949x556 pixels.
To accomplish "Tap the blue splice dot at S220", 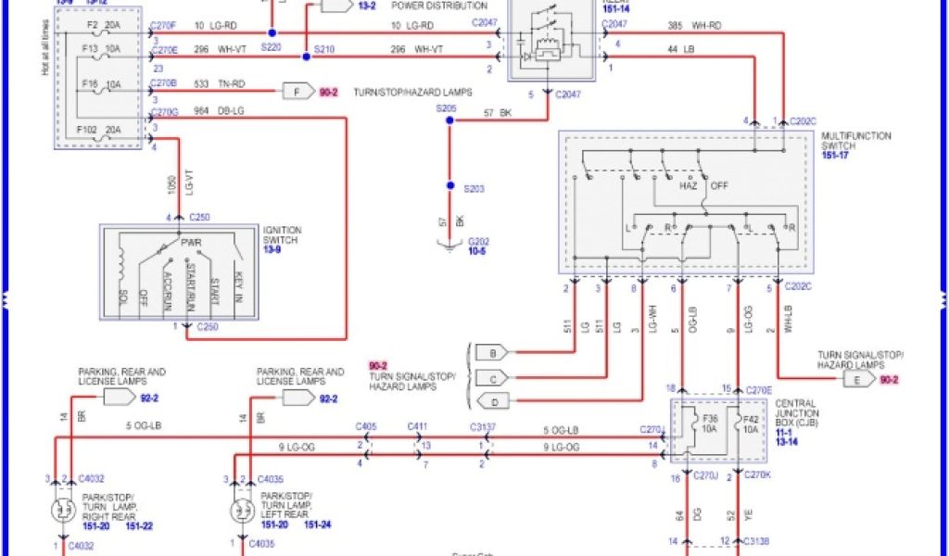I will coord(272,32).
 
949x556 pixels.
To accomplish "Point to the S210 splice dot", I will coord(307,57).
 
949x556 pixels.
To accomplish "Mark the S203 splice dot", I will coord(450,186).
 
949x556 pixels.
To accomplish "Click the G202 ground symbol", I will coord(450,244).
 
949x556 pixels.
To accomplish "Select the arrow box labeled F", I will coord(297,91).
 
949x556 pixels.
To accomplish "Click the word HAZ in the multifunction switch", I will coord(689,185).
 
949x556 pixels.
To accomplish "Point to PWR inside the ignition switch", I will coord(194,244).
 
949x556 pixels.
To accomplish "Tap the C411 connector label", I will coord(419,427).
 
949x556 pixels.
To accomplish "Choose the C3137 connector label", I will coord(482,427).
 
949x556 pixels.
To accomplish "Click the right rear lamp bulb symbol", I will coord(64,509).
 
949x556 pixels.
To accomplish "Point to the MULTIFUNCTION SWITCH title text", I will coord(857,141).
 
